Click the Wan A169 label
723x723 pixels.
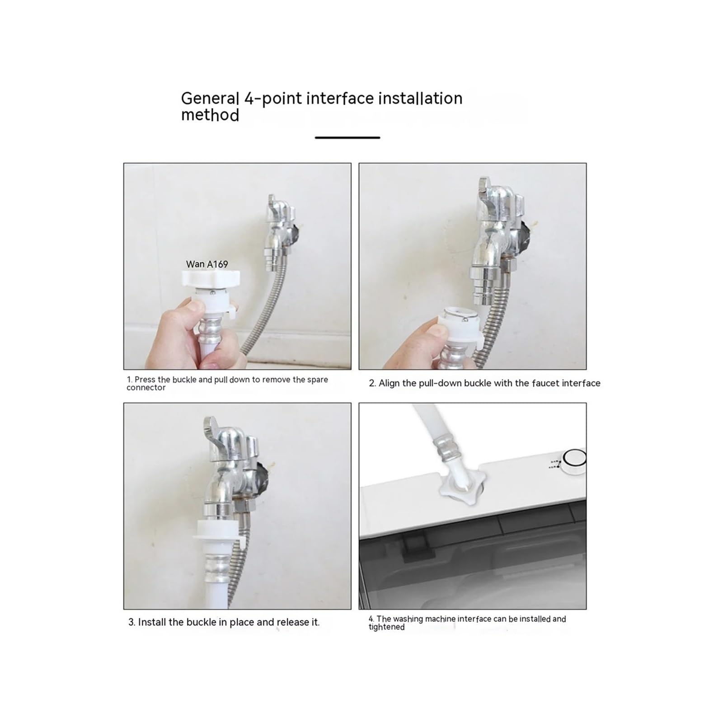click(x=207, y=264)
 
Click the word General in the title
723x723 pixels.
click(x=210, y=99)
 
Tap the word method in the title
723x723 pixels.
click(x=210, y=115)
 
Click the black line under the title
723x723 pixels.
click(x=347, y=137)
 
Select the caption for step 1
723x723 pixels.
click(x=227, y=383)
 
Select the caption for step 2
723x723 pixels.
click(x=485, y=383)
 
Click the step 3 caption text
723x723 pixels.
click(x=224, y=622)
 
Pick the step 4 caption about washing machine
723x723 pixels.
click(x=467, y=623)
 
